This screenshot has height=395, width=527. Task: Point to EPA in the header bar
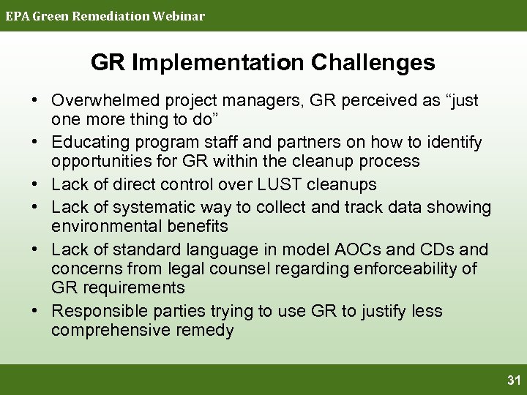(x=17, y=15)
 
